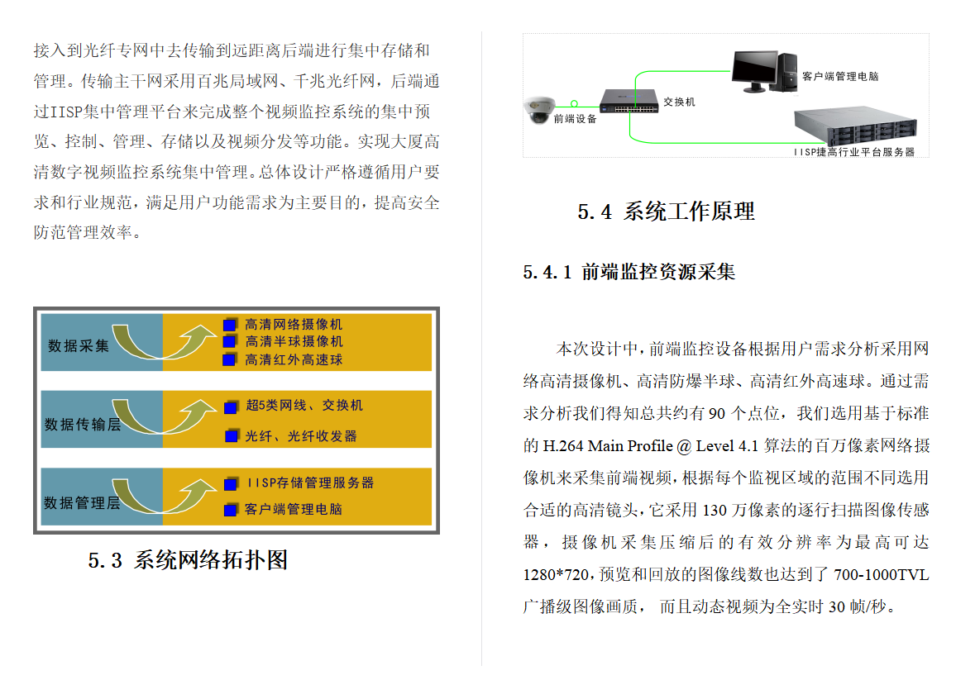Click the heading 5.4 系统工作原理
pyautogui.click(x=666, y=212)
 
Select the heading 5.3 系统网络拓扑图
pyautogui.click(x=188, y=560)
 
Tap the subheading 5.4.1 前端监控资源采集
pyautogui.click(x=629, y=272)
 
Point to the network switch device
pyautogui.click(x=628, y=101)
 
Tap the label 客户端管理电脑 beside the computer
pyautogui.click(x=840, y=77)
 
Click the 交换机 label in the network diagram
pyautogui.click(x=680, y=102)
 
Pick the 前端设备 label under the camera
pyautogui.click(x=575, y=119)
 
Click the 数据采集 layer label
pyautogui.click(x=79, y=345)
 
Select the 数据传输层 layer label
pyautogui.click(x=82, y=425)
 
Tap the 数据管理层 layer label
pyautogui.click(x=82, y=502)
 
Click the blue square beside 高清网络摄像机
pyautogui.click(x=229, y=324)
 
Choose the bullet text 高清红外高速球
pyautogui.click(x=294, y=359)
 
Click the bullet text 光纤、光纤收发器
pyautogui.click(x=301, y=435)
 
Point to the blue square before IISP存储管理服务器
pyautogui.click(x=230, y=483)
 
